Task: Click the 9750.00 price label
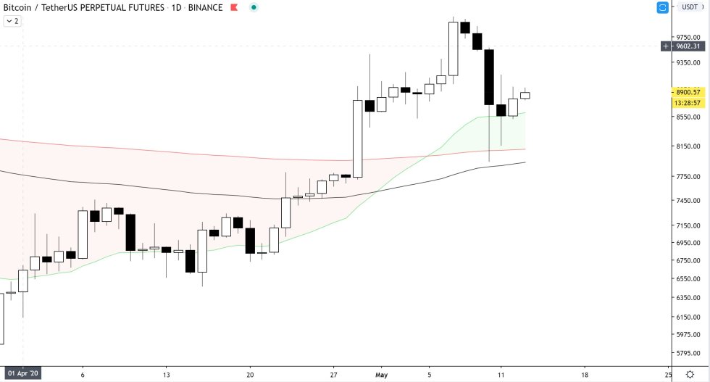click(x=687, y=37)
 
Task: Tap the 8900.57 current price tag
click(x=687, y=92)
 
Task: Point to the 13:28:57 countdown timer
click(x=687, y=102)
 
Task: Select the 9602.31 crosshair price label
click(x=687, y=46)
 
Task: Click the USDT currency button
click(x=688, y=7)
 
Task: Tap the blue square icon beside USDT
click(x=662, y=7)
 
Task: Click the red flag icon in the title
click(x=233, y=7)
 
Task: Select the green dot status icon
click(x=253, y=7)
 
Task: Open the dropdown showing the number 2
click(x=12, y=21)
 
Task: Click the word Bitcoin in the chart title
click(x=19, y=7)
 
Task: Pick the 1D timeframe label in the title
click(x=177, y=7)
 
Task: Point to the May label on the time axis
click(x=382, y=375)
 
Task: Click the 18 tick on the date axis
click(x=585, y=375)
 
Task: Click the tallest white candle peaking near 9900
click(x=454, y=49)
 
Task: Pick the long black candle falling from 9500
click(x=489, y=77)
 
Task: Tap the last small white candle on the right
click(x=525, y=95)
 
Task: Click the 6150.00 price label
click(x=687, y=317)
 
